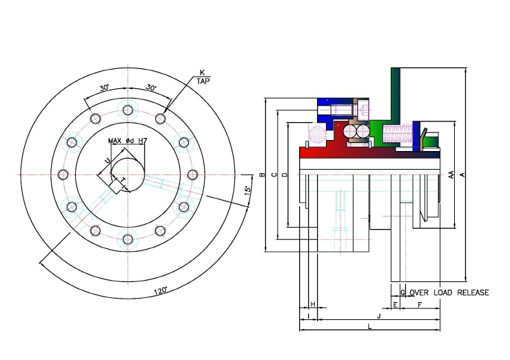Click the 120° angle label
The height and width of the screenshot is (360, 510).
coord(161,290)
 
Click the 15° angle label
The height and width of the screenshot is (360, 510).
coord(248,190)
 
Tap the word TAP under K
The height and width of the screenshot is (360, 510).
coord(203,81)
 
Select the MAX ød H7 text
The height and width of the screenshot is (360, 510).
coord(127,141)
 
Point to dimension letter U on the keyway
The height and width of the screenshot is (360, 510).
coord(107,161)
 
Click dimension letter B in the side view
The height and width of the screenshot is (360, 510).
coord(263,175)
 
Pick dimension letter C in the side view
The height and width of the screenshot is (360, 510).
coord(275,174)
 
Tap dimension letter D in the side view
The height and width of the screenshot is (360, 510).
coord(285,175)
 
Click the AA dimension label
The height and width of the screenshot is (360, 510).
coord(451,174)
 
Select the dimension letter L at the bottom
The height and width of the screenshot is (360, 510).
coord(369,326)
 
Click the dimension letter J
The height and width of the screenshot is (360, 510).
coord(378,316)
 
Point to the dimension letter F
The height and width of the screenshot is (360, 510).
coord(420,305)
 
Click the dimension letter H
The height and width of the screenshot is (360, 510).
coord(313,304)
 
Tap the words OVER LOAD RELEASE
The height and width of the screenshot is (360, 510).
coord(449,292)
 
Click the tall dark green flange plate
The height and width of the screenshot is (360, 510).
coord(395,94)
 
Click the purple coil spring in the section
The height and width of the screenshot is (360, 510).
coord(398,134)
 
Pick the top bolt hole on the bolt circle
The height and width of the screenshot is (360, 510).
coord(128,110)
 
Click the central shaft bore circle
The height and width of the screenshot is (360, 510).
coord(127,174)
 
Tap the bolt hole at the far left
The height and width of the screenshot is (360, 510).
coord(63,174)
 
